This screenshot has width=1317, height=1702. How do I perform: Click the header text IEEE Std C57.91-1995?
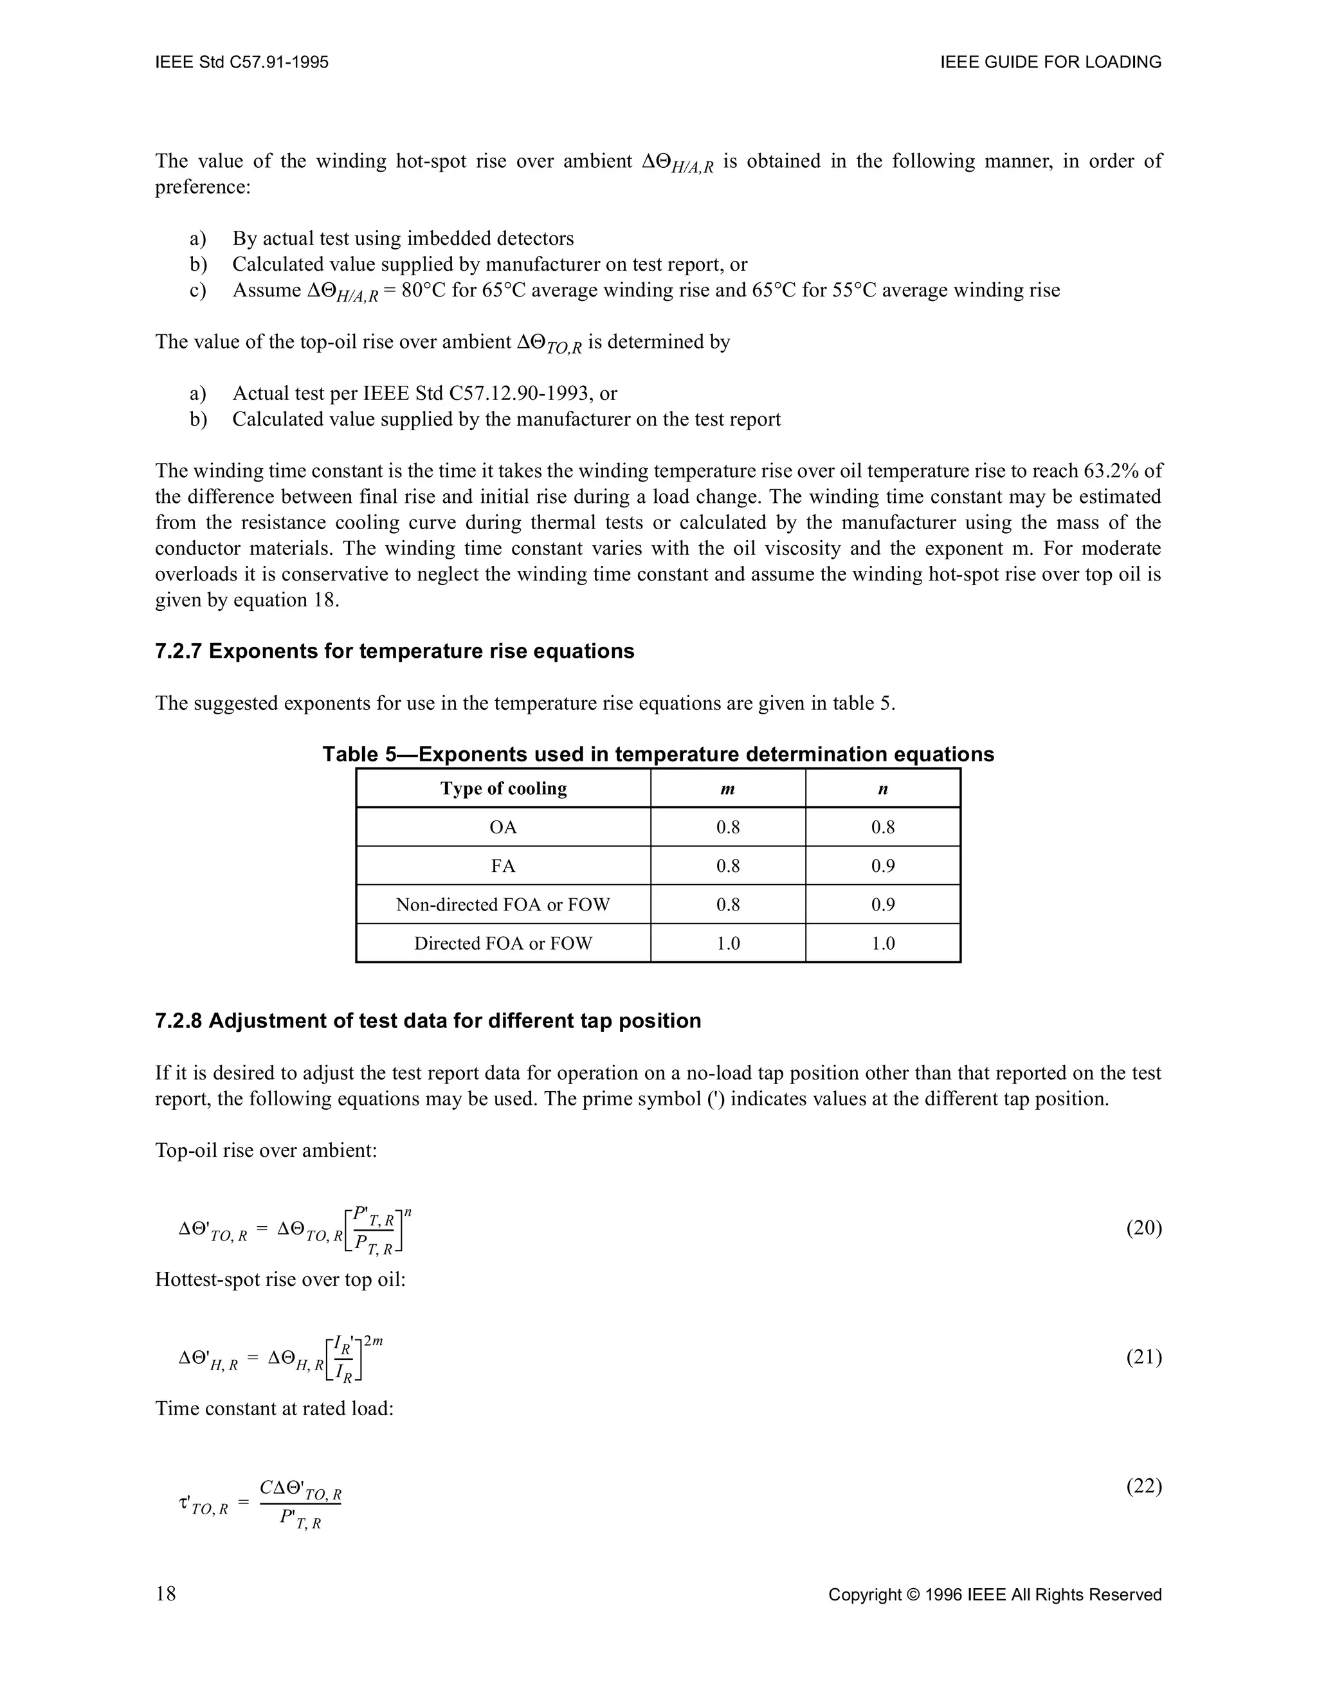(x=242, y=62)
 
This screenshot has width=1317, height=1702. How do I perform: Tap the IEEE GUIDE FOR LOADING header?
(x=1051, y=62)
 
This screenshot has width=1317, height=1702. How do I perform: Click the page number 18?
(x=166, y=1594)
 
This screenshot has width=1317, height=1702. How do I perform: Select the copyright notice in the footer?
(x=994, y=1595)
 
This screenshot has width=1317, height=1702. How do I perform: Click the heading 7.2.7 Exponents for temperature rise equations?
(x=394, y=651)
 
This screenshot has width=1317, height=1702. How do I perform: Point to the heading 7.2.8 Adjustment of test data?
(x=428, y=1021)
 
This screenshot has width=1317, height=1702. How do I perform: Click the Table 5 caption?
(x=658, y=754)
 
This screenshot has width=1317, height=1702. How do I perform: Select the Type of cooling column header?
(x=504, y=789)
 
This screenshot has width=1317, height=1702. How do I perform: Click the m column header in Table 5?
(x=728, y=789)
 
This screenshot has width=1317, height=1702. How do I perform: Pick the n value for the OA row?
(x=883, y=827)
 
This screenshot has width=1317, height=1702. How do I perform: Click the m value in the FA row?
(x=728, y=866)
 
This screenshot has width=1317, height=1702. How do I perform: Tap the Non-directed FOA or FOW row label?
(x=503, y=905)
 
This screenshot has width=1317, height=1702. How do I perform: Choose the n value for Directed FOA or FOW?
(x=883, y=944)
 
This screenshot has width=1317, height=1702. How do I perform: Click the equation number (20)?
(x=1143, y=1228)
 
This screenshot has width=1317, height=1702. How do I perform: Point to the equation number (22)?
(x=1143, y=1486)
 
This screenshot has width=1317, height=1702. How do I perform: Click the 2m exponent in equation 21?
(x=372, y=1341)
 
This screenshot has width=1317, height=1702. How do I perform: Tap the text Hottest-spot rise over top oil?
(x=280, y=1280)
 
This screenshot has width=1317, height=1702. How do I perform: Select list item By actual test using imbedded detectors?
(x=403, y=239)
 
